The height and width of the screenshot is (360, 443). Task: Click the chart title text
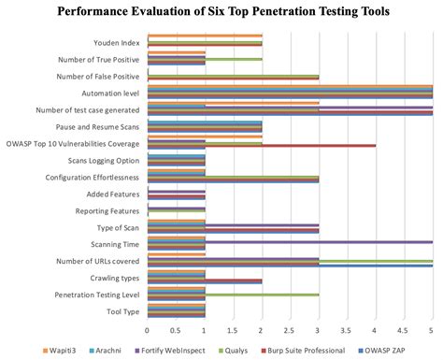(x=221, y=12)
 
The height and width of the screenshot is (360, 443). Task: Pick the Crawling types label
(x=116, y=279)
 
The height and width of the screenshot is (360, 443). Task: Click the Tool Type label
(x=121, y=312)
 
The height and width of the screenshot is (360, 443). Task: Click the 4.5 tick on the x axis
(x=403, y=330)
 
